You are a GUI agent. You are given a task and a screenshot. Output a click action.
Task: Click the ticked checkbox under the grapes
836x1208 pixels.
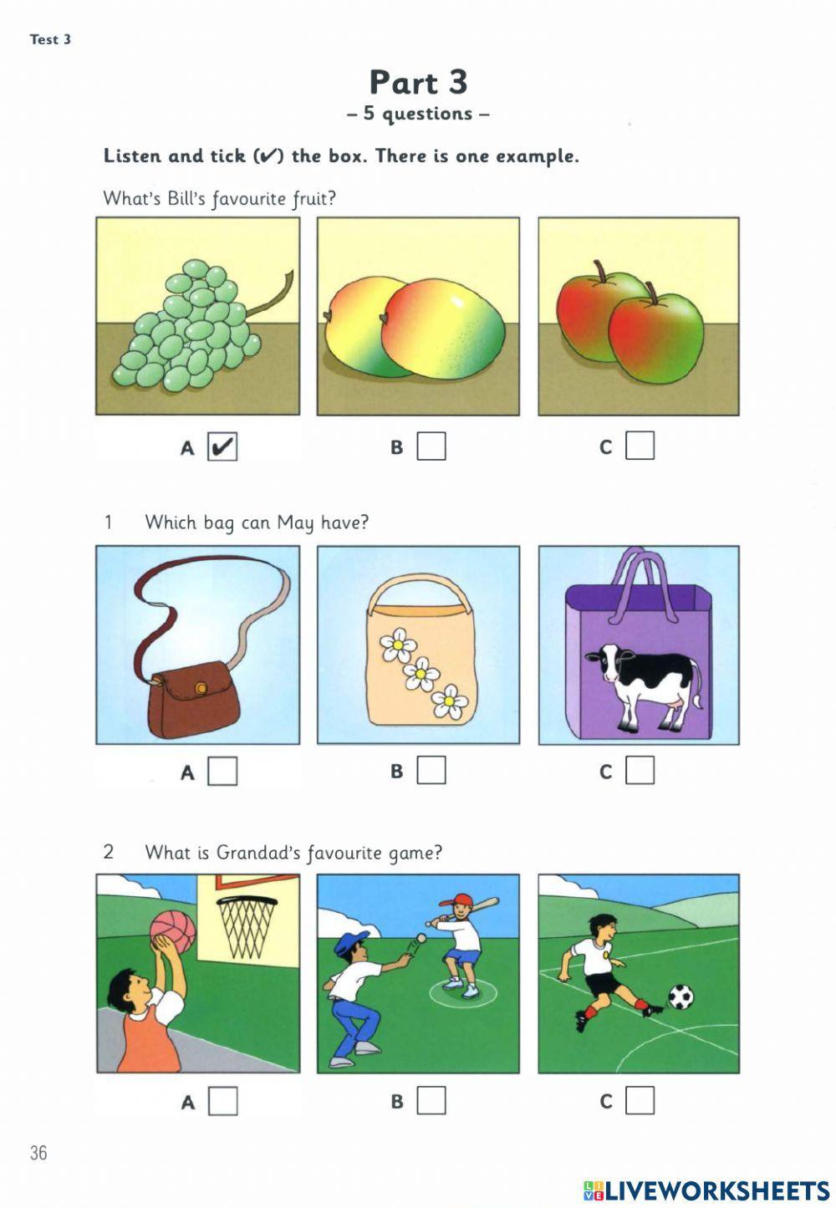pos(222,446)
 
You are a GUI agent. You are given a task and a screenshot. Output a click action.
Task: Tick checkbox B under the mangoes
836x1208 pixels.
pos(431,446)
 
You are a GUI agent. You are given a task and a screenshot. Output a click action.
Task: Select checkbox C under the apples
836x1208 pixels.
pos(640,446)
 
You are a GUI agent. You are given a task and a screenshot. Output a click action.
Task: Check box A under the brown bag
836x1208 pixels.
pos(222,771)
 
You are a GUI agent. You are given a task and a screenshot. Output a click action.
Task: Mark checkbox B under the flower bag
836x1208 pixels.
pos(431,770)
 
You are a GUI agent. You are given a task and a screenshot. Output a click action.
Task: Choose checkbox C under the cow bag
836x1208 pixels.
pos(640,770)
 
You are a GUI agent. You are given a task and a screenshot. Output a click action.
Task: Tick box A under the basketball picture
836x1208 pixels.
pos(222,1101)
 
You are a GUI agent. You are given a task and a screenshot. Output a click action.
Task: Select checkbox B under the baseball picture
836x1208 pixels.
pos(431,1101)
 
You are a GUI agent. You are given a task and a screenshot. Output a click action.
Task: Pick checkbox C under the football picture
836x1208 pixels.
pos(640,1101)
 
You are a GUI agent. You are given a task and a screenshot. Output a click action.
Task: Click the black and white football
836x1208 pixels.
pos(682,996)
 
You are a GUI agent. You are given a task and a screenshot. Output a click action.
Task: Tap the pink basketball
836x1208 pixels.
pos(173,931)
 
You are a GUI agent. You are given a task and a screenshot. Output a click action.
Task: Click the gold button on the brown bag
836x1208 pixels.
pos(201,687)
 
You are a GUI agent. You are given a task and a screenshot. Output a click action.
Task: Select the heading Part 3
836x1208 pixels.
pos(418,82)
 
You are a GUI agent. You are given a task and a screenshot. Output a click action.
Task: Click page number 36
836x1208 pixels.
pos(38,1153)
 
